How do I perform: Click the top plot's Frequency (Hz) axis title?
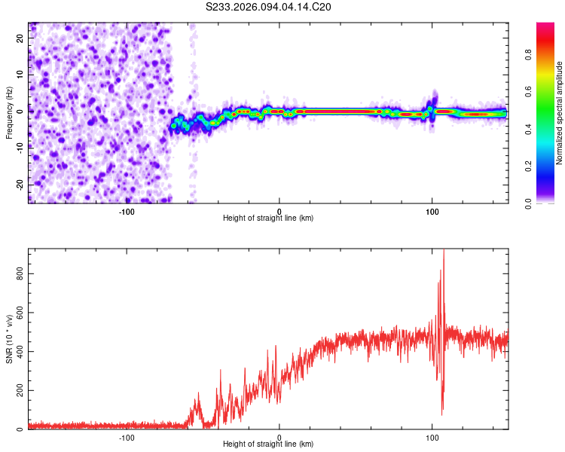coord(9,112)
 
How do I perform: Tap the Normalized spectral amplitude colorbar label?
coord(560,113)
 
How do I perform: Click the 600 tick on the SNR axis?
coord(23,313)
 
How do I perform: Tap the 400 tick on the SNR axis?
coord(23,352)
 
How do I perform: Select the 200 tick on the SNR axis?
coord(23,390)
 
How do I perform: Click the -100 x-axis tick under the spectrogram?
coord(126,212)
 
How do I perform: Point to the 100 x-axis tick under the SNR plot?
coord(432,438)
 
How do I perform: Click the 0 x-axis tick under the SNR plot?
coord(279,438)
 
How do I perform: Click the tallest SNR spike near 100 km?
coord(444,252)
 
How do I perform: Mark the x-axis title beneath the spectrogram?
coord(268,218)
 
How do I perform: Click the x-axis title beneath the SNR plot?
coord(268,444)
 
